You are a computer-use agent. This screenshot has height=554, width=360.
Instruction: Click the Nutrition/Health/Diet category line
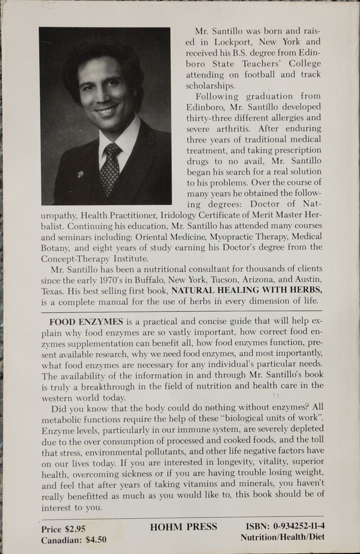283,537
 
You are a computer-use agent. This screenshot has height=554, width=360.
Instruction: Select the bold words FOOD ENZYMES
86,322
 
